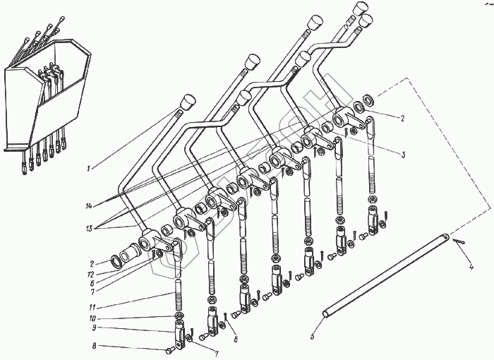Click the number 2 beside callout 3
(x=402, y=119)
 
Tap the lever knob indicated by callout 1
(x=187, y=102)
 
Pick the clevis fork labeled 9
(x=180, y=331)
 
